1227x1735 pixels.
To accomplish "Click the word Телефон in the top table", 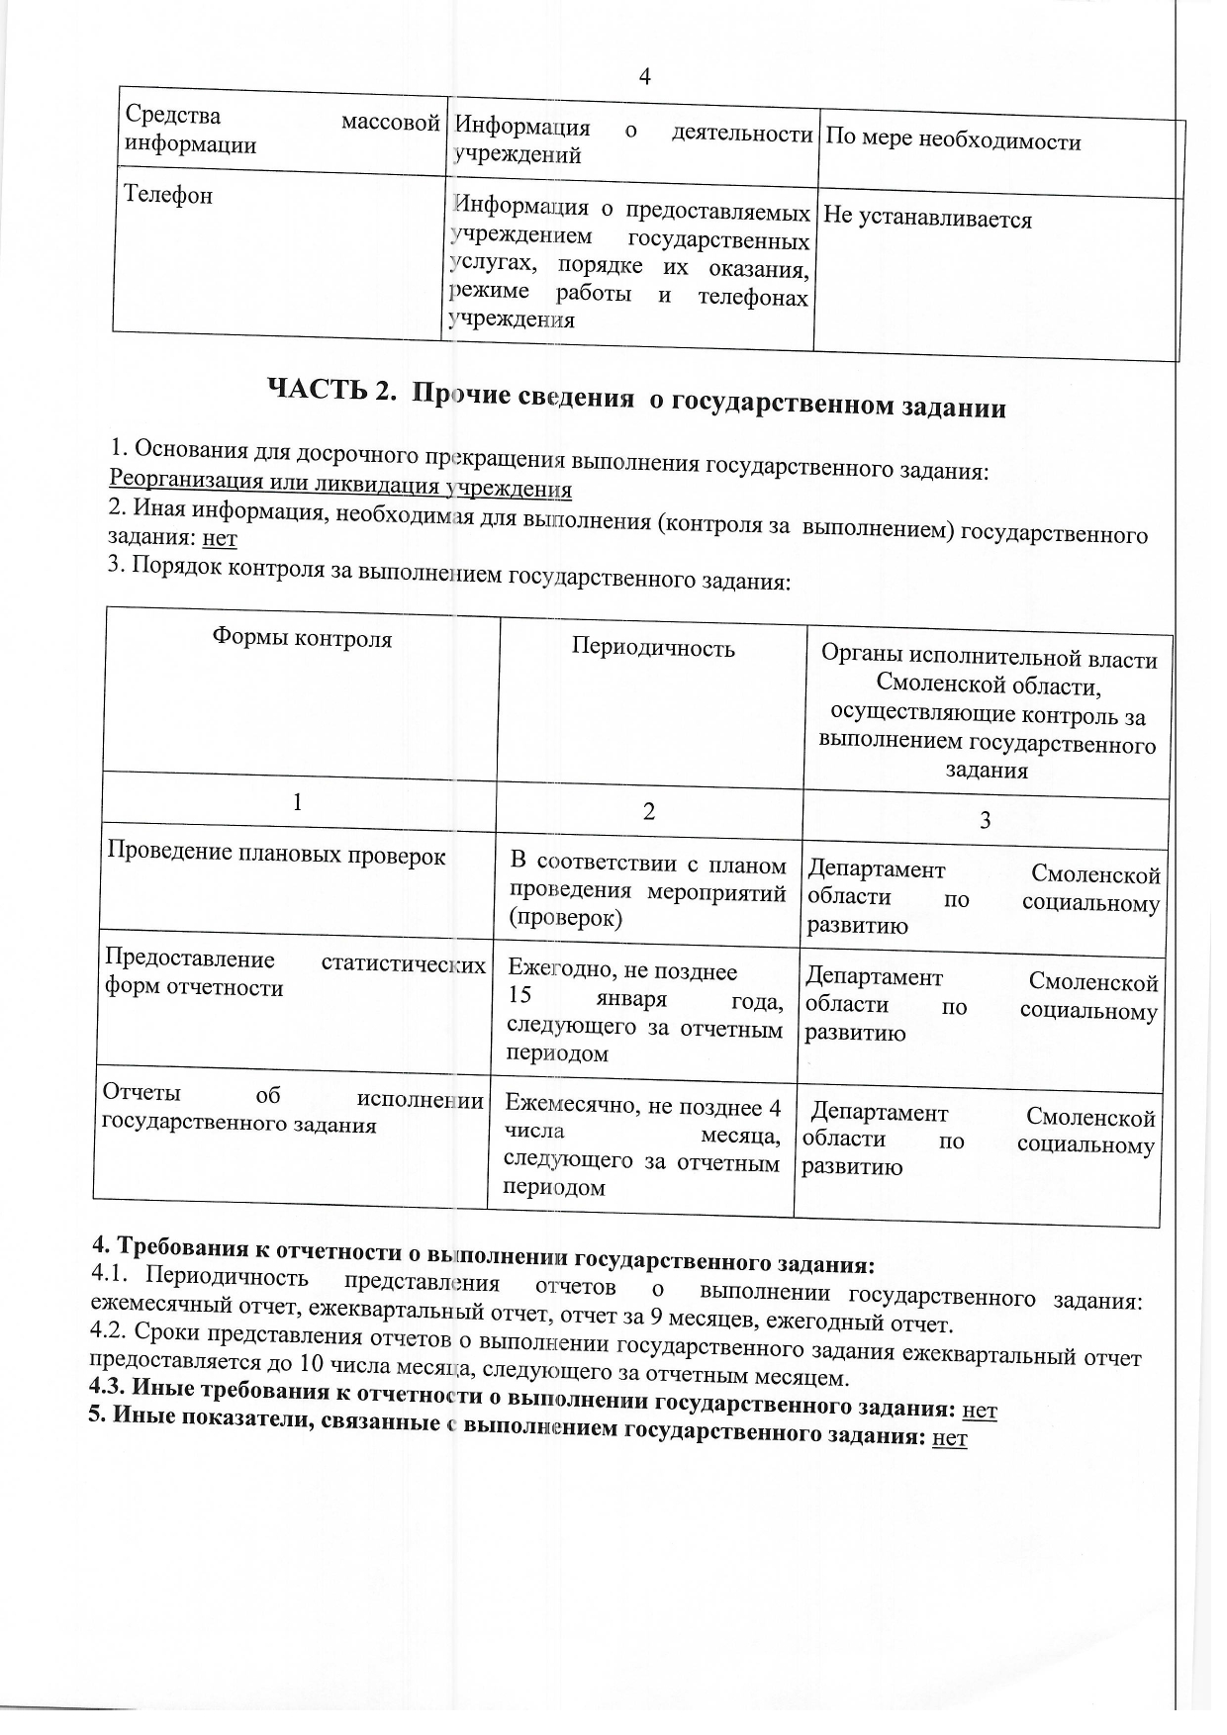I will click(168, 195).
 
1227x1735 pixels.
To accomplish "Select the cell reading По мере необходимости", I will click(952, 140).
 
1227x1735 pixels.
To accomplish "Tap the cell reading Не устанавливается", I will click(927, 219).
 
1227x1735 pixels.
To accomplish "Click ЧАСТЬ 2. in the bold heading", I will click(331, 390).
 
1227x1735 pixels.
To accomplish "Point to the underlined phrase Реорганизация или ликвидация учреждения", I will click(340, 485).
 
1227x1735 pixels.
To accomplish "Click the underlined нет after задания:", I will click(220, 538).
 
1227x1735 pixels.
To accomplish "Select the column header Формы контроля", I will click(302, 639).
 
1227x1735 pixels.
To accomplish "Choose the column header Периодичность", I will click(653, 648).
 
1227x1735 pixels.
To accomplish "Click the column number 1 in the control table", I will click(297, 802).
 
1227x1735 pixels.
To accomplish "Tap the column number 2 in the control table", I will click(649, 812).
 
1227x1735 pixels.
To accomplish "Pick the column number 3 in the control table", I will click(985, 820).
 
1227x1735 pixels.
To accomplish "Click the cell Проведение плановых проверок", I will click(276, 854).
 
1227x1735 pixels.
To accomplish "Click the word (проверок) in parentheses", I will click(565, 918).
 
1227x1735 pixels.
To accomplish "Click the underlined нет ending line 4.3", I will click(980, 1410).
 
